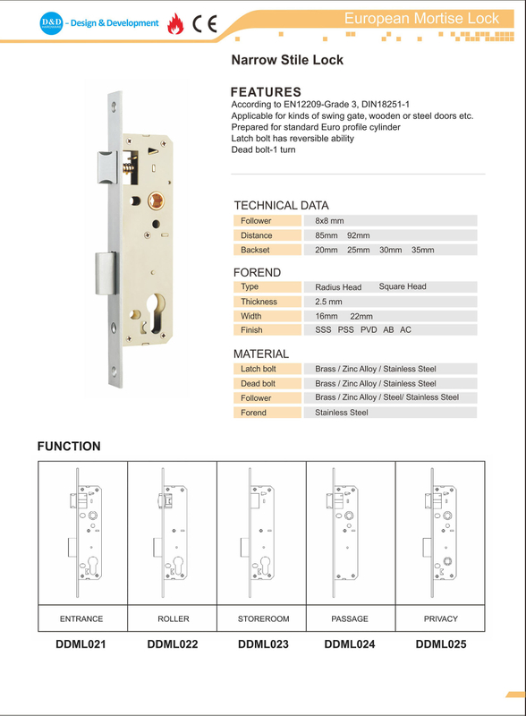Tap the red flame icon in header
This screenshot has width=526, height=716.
tap(178, 23)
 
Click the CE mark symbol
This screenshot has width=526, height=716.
tap(205, 23)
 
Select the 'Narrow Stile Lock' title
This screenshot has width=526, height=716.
tap(287, 61)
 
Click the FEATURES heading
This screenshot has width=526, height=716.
tap(266, 92)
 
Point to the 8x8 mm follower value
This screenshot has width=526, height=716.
tap(330, 220)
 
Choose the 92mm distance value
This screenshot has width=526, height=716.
tap(358, 235)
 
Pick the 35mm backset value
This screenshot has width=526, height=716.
tap(421, 251)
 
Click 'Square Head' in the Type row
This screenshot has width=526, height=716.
tap(402, 287)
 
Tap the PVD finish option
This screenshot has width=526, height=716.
tap(369, 330)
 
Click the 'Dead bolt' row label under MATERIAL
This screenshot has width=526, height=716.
tap(258, 383)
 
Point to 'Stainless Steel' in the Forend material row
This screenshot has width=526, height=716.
tap(342, 413)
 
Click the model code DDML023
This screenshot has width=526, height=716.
tap(262, 644)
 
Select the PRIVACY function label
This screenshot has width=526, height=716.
tap(440, 618)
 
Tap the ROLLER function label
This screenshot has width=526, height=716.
tap(173, 618)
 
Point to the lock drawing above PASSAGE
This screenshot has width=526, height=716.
tap(345, 533)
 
